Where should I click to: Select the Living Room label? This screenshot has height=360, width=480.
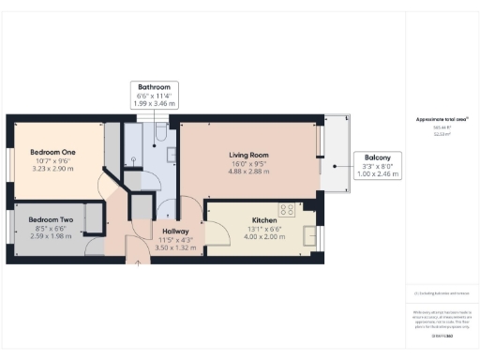point(248,156)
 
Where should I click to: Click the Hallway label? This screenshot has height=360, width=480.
point(175,231)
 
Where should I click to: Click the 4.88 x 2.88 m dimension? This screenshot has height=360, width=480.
point(248,172)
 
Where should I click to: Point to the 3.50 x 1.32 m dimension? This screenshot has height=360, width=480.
point(175,248)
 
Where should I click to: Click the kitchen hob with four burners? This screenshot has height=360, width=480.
point(286,210)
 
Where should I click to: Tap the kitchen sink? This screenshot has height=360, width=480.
point(308,236)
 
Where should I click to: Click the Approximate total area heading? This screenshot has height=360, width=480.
point(441,119)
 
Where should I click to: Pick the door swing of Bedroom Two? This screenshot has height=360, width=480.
point(95,246)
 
